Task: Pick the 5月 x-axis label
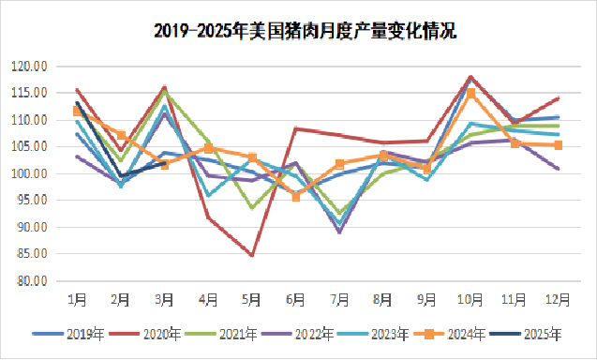tap(251, 299)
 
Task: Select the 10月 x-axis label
tap(470, 299)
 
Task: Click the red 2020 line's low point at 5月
tap(251, 255)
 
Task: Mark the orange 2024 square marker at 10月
tap(470, 94)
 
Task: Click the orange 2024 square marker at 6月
tap(296, 197)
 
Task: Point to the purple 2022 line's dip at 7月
tap(339, 232)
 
